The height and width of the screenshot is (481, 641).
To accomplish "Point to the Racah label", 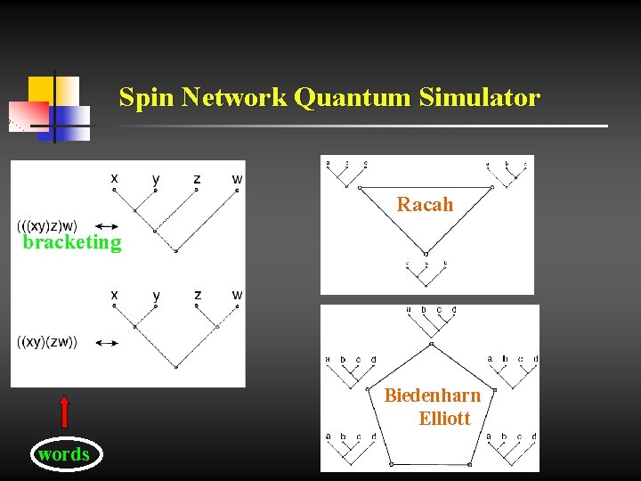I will pyautogui.click(x=425, y=205).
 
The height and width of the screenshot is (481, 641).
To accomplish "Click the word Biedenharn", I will pyautogui.click(x=432, y=395).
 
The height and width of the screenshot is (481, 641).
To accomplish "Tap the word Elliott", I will pyautogui.click(x=444, y=418).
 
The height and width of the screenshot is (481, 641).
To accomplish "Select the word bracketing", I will pyautogui.click(x=72, y=242).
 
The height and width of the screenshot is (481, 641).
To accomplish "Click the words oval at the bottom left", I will pyautogui.click(x=64, y=454).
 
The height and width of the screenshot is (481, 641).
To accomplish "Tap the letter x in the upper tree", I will pyautogui.click(x=114, y=178).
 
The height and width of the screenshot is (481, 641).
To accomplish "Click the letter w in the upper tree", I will pyautogui.click(x=237, y=179).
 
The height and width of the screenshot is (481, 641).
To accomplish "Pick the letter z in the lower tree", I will pyautogui.click(x=197, y=295).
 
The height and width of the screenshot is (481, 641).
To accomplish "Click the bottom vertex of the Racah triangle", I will pyautogui.click(x=426, y=253).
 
